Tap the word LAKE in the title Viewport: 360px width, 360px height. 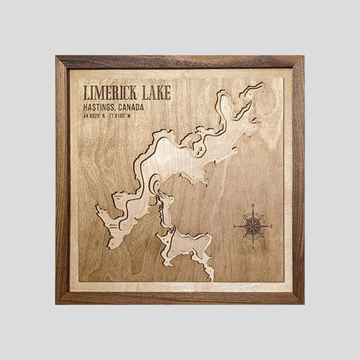(x=153, y=93)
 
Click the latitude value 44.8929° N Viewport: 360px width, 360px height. (x=95, y=115)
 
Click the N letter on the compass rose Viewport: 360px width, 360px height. (x=252, y=205)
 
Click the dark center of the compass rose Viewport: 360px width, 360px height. (x=252, y=227)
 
